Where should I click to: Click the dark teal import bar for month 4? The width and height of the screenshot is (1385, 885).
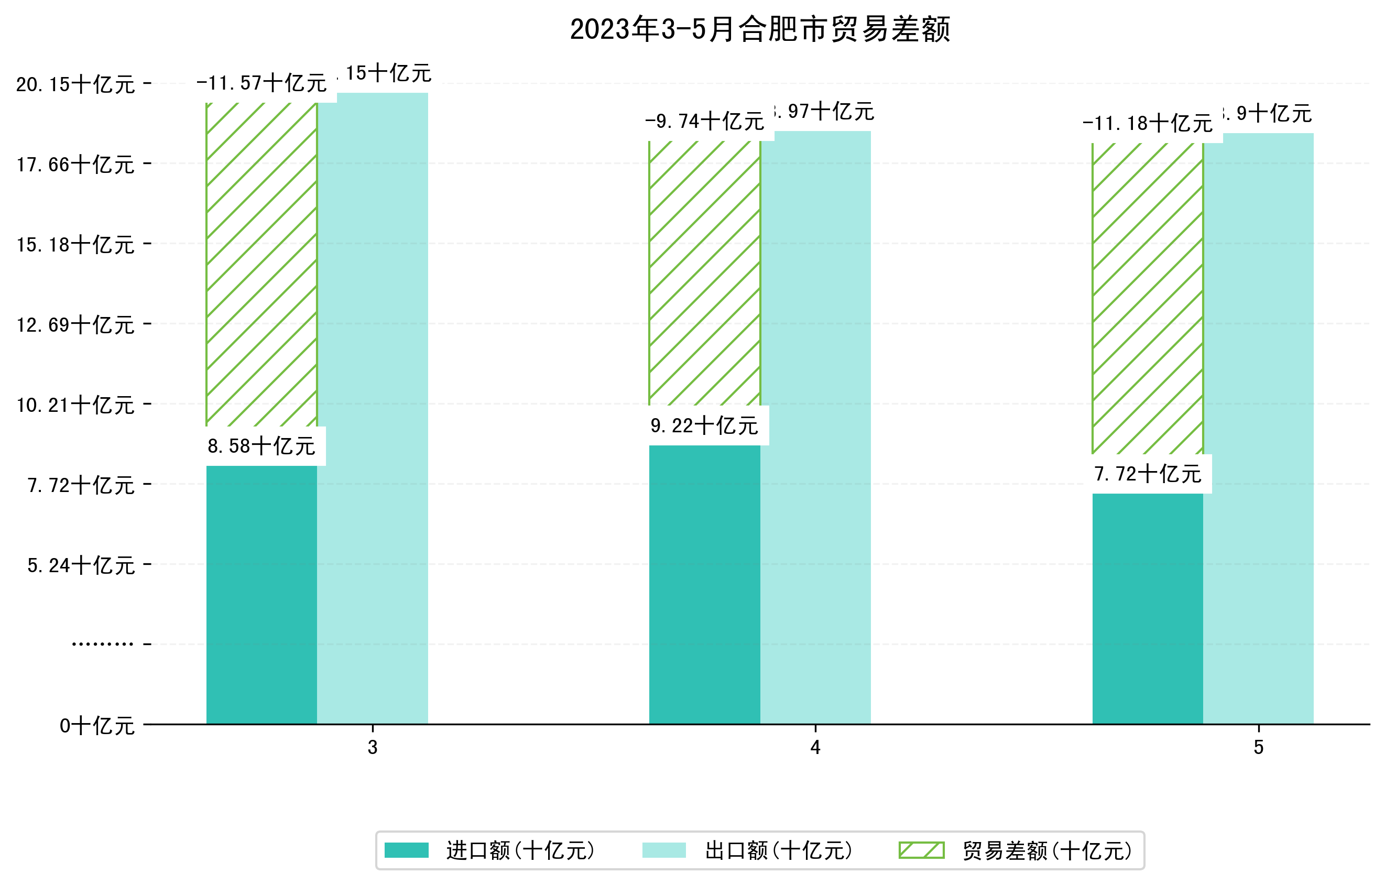[x=705, y=584]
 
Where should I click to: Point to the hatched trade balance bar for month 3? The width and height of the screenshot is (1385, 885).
[x=261, y=265]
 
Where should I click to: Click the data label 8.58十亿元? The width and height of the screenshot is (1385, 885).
[x=261, y=446]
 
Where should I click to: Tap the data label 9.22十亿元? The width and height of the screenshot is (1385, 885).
[x=705, y=426]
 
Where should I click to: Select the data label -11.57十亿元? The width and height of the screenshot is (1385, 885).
[x=261, y=83]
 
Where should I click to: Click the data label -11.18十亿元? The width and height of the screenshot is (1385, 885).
[x=1148, y=124]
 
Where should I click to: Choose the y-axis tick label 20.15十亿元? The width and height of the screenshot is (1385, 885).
[x=75, y=84]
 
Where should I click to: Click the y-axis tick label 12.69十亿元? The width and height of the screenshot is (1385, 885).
[x=75, y=325]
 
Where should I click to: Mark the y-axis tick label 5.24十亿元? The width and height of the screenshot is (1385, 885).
[x=81, y=565]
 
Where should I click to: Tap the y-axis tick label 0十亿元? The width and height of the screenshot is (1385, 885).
[x=97, y=726]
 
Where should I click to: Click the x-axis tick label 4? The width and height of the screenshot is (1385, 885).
[x=815, y=748]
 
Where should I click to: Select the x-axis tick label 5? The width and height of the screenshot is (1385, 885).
[x=1259, y=748]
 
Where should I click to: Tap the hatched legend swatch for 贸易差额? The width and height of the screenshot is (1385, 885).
[x=921, y=850]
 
